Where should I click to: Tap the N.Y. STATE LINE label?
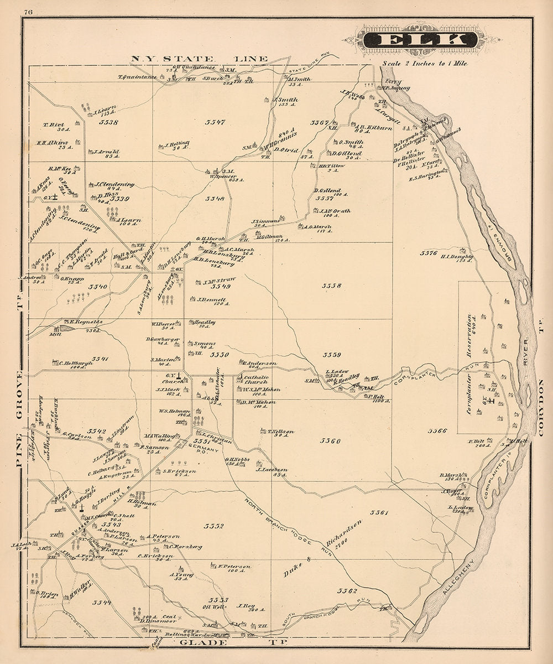click(x=199, y=59)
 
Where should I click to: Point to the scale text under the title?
click(x=425, y=63)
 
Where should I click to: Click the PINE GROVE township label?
click(x=21, y=404)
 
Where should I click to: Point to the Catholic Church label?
click(x=255, y=379)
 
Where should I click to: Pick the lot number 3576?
click(x=429, y=252)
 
